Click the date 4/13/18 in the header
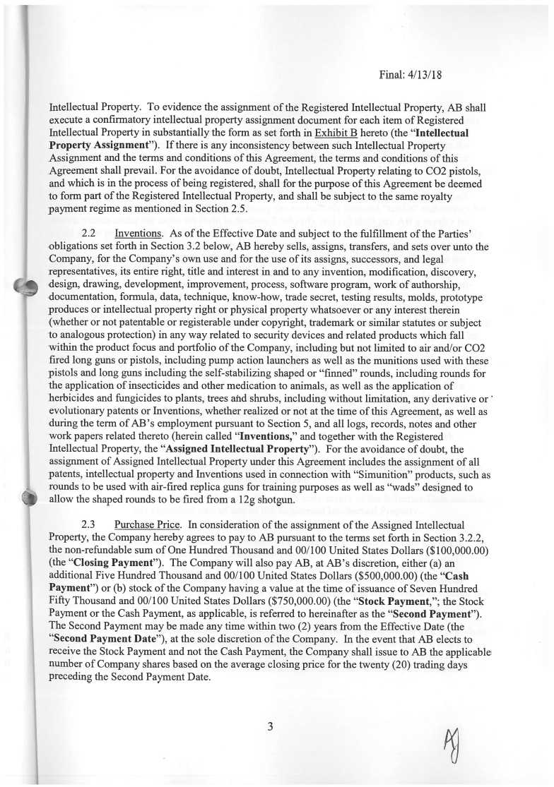click(x=424, y=73)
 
